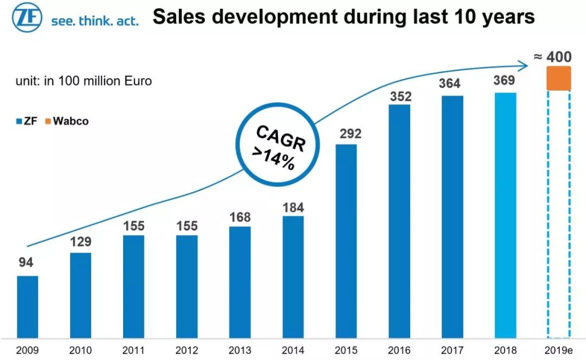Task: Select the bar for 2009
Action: [x=28, y=306]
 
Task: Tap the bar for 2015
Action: [x=346, y=241]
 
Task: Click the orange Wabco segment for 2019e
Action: [x=559, y=78]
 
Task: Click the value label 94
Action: [x=26, y=263]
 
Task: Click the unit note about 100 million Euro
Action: [x=84, y=82]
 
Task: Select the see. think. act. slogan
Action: [x=94, y=21]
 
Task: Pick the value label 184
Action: [x=293, y=208]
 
